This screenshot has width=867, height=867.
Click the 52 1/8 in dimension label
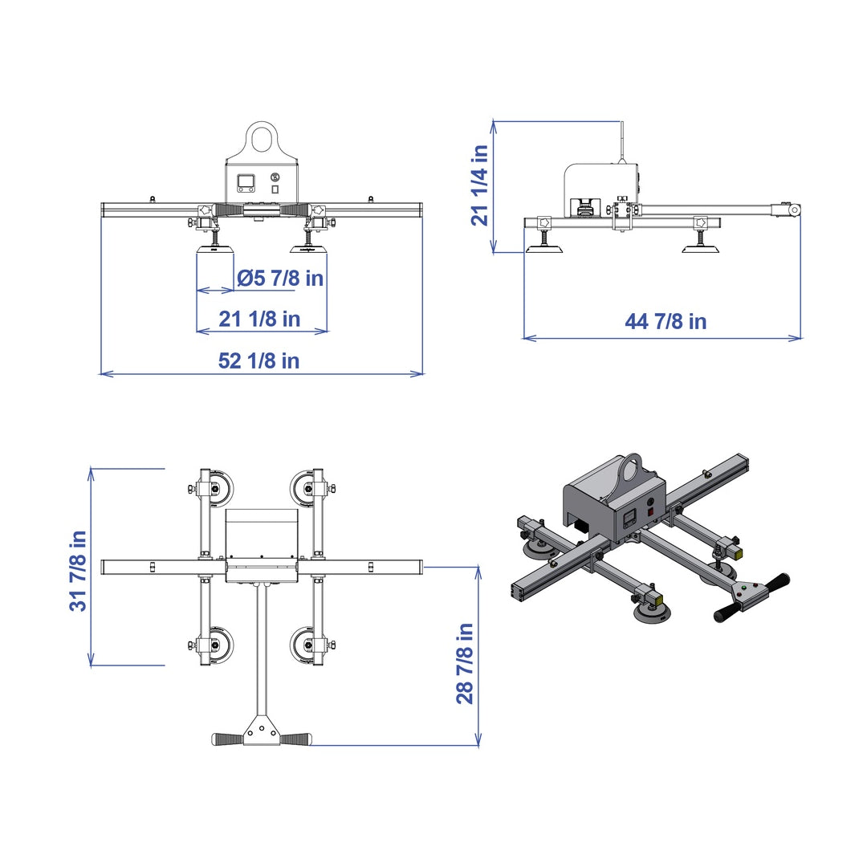click(x=258, y=361)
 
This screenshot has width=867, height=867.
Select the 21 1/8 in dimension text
click(x=259, y=319)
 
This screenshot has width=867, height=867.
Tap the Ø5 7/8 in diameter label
click(x=280, y=278)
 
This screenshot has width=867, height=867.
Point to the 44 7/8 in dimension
click(x=666, y=321)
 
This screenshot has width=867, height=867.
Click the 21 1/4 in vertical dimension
click(x=480, y=185)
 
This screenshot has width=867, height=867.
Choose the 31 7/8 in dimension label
click(x=78, y=572)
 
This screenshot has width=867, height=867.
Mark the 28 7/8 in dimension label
click(x=465, y=664)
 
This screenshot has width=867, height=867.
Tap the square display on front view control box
click(x=246, y=183)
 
